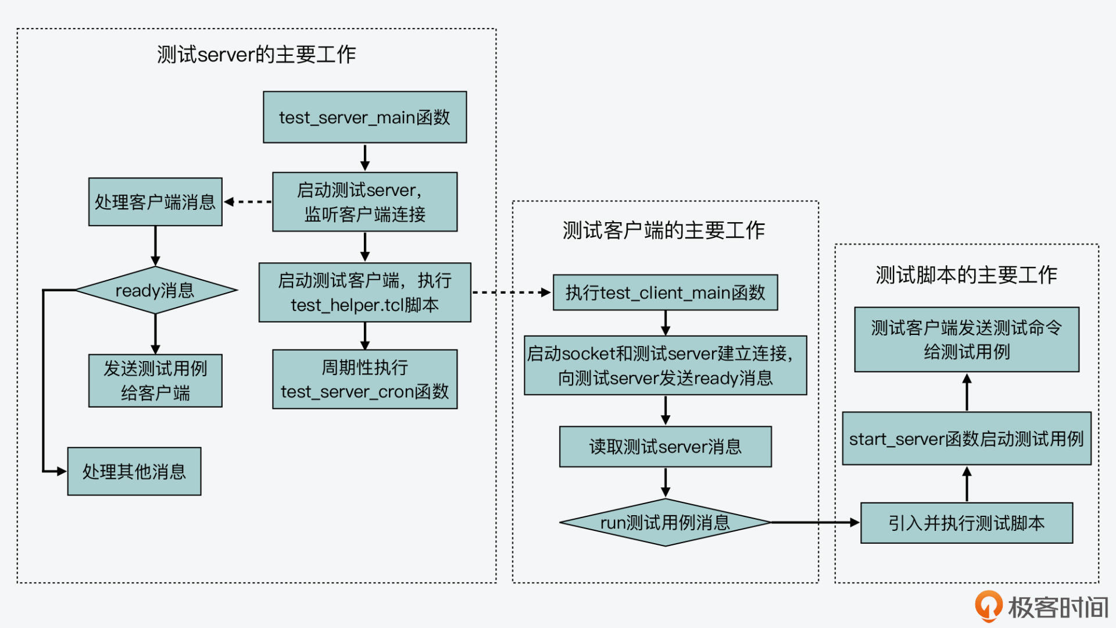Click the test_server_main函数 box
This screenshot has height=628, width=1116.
coord(364,117)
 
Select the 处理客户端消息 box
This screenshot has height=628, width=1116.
coord(155,202)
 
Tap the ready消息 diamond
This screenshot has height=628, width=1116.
coord(155,290)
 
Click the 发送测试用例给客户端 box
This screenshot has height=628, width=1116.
coord(155,380)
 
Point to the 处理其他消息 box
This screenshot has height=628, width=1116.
coord(134,471)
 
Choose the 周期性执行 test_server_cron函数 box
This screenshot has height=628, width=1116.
coord(364,379)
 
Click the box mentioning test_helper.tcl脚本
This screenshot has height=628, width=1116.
coord(364,292)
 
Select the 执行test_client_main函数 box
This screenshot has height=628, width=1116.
coord(665,292)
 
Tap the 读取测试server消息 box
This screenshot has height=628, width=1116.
coord(665,447)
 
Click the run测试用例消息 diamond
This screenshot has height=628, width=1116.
coord(665,522)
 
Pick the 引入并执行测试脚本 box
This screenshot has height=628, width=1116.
coord(966,523)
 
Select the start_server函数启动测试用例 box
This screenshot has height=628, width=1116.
coord(966,438)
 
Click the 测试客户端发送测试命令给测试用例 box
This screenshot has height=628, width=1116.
coord(966,340)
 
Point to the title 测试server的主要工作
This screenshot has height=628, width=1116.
coord(256,55)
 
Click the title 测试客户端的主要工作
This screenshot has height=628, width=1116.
coord(664,230)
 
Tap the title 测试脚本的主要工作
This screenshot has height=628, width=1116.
coord(966,274)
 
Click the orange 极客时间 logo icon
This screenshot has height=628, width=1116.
coord(988,606)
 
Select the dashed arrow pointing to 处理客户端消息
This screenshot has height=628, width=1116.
coord(248,202)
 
